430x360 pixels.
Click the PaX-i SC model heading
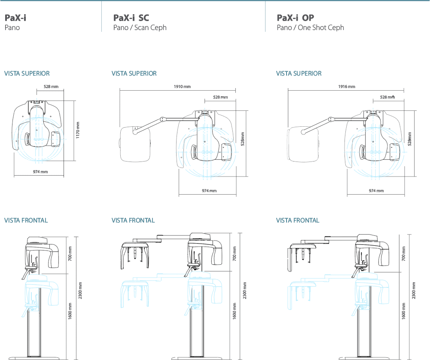131,18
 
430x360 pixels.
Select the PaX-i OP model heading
296,18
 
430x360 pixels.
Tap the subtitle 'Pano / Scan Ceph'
140,28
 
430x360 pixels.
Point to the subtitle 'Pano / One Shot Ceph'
310,28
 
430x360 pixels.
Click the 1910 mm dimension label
182,87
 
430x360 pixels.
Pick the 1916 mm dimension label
347,87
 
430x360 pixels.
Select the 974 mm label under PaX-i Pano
40,172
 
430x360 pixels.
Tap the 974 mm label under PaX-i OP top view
376,191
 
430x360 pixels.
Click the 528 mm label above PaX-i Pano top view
51,87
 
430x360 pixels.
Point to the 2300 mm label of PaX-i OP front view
414,291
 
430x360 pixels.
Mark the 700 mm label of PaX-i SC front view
234,253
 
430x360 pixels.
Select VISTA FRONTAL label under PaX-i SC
133,220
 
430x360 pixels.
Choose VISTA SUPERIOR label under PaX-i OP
299,73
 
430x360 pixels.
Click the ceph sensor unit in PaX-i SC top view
135,143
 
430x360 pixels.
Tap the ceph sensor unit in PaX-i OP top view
302,143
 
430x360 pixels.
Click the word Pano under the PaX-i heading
12,28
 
